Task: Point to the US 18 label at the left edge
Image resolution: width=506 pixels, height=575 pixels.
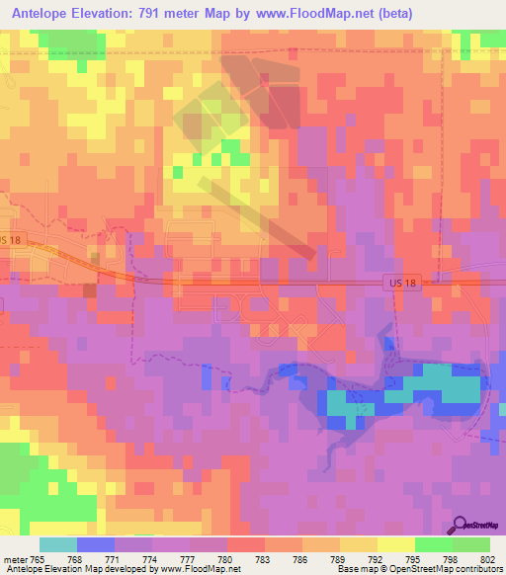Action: pyautogui.click(x=11, y=240)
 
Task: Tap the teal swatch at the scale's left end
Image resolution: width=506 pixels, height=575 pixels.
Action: pyautogui.click(x=57, y=544)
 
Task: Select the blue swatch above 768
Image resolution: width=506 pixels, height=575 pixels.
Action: pyautogui.click(x=95, y=544)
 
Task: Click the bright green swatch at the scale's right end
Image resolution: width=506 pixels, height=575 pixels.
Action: pyautogui.click(x=471, y=544)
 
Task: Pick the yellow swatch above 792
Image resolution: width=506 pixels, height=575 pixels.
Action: pyautogui.click(x=359, y=544)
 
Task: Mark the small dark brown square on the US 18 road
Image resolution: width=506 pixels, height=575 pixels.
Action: pyautogui.click(x=90, y=289)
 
